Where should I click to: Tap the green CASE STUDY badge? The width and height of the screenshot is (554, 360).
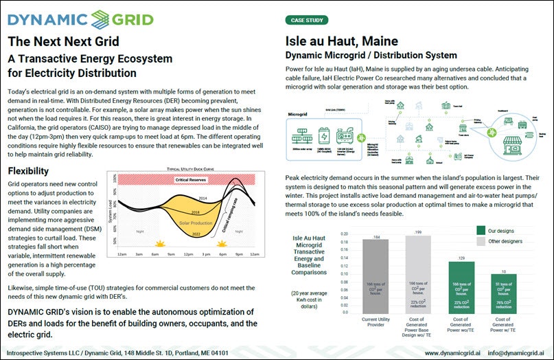306,21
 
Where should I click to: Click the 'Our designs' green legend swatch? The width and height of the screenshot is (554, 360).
481,229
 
